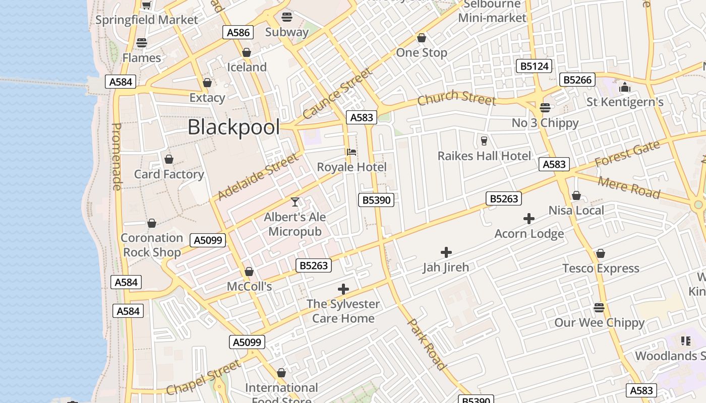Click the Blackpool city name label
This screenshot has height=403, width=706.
[x=233, y=127]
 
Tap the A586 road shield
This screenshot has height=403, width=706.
[x=238, y=33]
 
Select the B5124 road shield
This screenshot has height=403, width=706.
[x=535, y=66]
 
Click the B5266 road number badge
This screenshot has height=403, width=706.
[x=577, y=80]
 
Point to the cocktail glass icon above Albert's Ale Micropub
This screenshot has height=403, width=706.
[x=295, y=202]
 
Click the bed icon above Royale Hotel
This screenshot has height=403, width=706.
[x=351, y=152]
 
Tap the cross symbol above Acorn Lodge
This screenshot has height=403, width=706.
[x=528, y=219]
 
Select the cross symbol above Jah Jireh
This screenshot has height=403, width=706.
[x=446, y=252]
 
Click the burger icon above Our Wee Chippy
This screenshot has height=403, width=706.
[x=599, y=307]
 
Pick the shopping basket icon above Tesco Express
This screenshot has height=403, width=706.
[x=600, y=253]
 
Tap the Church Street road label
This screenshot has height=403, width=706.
[x=456, y=98]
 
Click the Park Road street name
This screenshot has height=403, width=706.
[x=427, y=345]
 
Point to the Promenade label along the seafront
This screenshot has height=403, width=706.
[x=116, y=157]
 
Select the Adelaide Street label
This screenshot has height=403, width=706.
[x=257, y=177]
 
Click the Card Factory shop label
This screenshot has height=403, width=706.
[x=169, y=174]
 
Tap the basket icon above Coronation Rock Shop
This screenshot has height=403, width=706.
[x=151, y=223]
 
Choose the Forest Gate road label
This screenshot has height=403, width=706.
[x=627, y=154]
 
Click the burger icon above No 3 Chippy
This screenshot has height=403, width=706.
[x=545, y=107]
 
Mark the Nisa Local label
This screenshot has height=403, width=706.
[x=576, y=210]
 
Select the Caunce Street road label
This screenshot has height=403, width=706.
[x=337, y=94]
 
